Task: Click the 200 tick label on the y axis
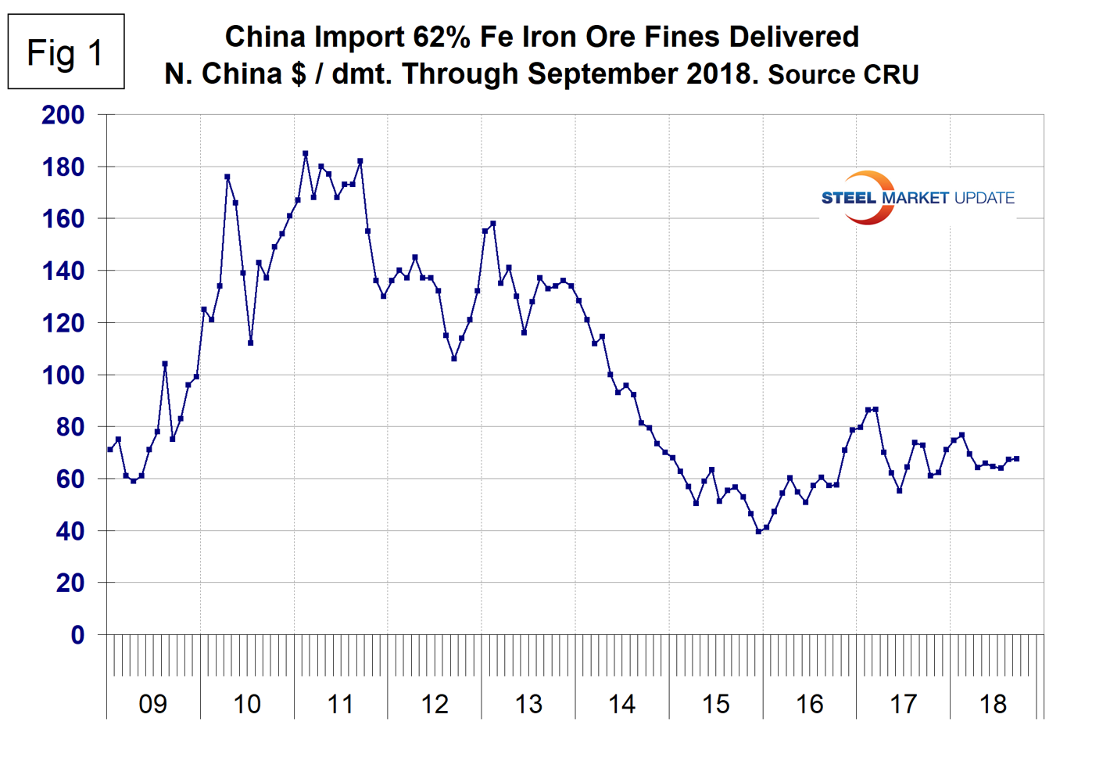(x=63, y=115)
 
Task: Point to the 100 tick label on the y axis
(x=63, y=375)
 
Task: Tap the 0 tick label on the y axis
(x=77, y=635)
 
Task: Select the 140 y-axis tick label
(x=63, y=271)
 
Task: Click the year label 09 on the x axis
(x=152, y=704)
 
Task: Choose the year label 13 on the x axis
(x=528, y=704)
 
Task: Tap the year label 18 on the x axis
(x=993, y=704)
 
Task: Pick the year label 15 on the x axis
(x=715, y=704)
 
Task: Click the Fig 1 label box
(x=66, y=52)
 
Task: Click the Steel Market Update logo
(x=918, y=198)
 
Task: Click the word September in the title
(x=603, y=74)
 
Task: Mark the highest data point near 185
(x=305, y=153)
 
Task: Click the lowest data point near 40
(x=758, y=532)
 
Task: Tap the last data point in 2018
(x=1016, y=458)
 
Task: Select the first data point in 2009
(x=109, y=450)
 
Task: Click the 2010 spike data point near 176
(x=227, y=177)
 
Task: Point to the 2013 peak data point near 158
(x=492, y=224)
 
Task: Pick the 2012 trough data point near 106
(x=453, y=359)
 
